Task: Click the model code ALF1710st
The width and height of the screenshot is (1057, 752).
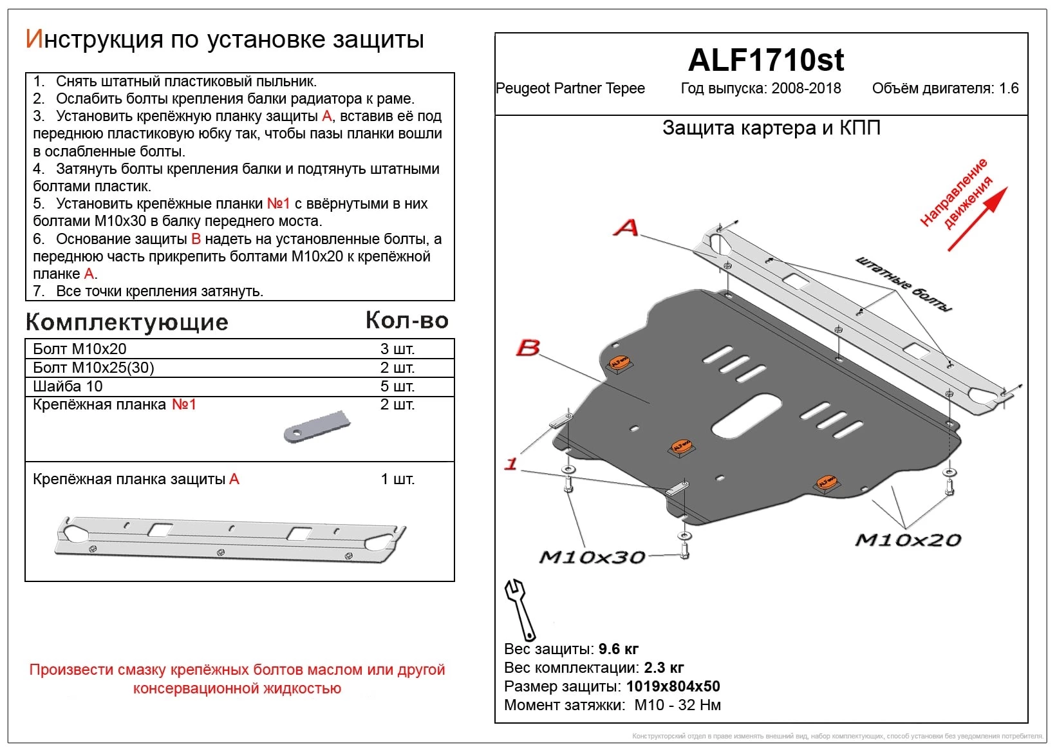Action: point(765,60)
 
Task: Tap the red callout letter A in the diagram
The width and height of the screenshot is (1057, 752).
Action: point(626,227)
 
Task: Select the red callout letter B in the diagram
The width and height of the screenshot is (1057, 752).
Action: point(528,348)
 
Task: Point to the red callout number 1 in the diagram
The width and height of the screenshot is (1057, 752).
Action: point(511,464)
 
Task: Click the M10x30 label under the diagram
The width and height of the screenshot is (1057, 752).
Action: point(592,557)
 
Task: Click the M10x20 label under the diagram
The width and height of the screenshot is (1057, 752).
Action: point(908,540)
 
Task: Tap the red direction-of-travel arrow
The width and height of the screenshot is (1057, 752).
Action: point(977,218)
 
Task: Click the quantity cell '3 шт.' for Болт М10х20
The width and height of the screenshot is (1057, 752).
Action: point(397,349)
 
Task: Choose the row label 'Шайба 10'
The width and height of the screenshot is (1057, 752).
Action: point(68,386)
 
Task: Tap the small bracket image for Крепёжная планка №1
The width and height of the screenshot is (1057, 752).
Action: point(317,426)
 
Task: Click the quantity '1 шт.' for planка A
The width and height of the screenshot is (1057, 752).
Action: point(397,479)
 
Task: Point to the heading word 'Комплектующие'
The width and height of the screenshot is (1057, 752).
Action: point(127,322)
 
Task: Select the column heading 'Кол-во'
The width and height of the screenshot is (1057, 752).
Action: point(407,320)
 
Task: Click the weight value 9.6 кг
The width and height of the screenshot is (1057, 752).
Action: point(618,649)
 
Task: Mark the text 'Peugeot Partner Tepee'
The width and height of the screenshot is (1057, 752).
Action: point(570,88)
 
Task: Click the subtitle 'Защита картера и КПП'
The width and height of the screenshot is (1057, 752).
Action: point(771,128)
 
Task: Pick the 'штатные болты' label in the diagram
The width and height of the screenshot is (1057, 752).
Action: point(903,284)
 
